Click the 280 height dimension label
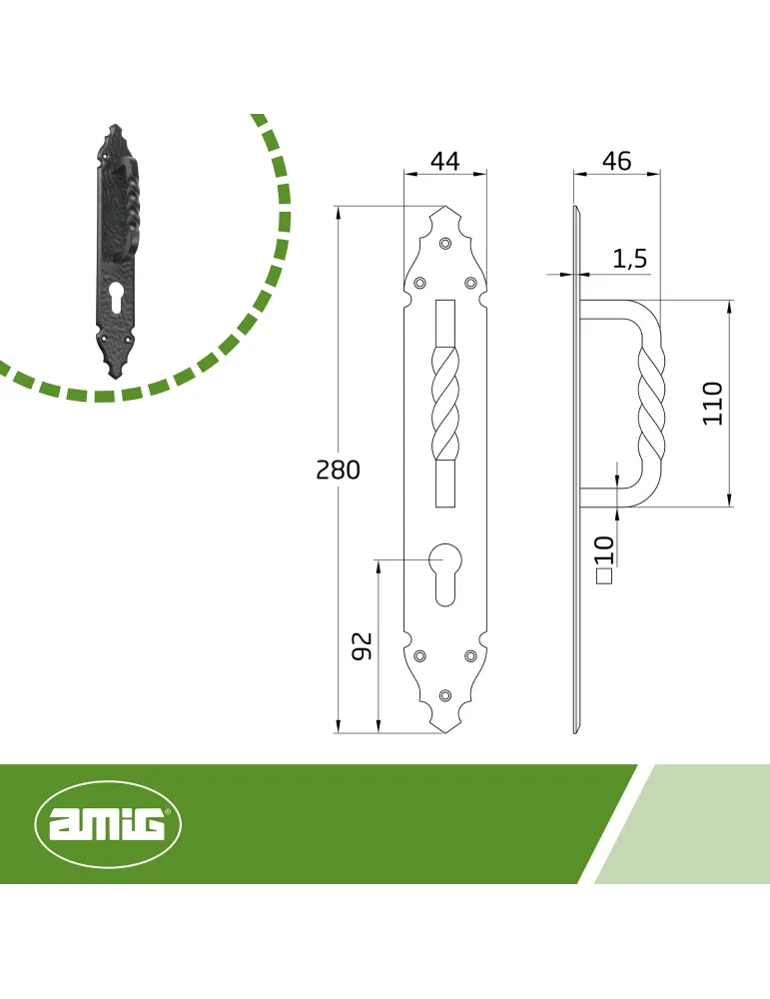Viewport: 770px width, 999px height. click(x=339, y=471)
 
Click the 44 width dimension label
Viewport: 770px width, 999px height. click(x=445, y=161)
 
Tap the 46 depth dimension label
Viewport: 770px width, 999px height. click(x=617, y=161)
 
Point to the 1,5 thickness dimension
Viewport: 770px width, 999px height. click(x=630, y=259)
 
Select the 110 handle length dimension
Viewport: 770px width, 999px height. click(x=713, y=404)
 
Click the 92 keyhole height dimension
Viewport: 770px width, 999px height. click(x=362, y=646)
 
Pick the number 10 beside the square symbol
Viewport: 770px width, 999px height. click(x=604, y=549)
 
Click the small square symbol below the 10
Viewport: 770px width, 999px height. click(x=604, y=576)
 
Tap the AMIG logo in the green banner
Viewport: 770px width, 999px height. click(x=108, y=824)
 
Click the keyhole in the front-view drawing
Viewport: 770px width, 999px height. click(x=445, y=574)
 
